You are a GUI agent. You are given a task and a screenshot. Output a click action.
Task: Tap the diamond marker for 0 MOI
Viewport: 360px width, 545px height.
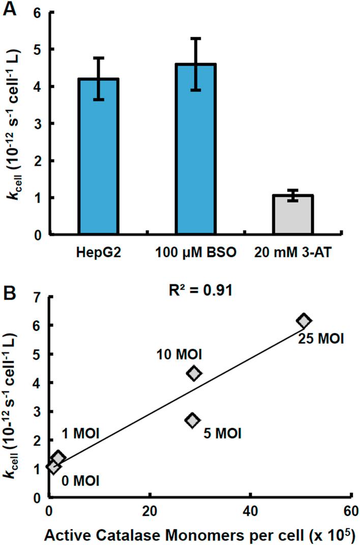[53, 467]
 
